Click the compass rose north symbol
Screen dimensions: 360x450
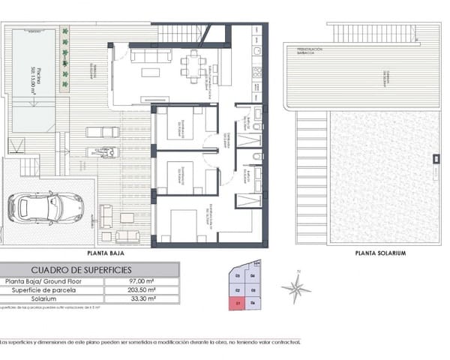pyautogui.click(x=296, y=286)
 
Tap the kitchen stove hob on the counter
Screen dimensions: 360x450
pyautogui.click(x=256, y=73)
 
